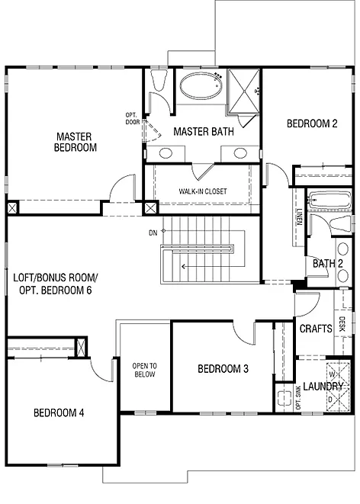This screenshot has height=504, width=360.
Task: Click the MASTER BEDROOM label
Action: [76, 143]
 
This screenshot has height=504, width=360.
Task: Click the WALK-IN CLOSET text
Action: [203, 191]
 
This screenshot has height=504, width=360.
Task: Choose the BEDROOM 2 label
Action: [311, 124]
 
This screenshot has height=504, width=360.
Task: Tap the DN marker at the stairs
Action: [153, 232]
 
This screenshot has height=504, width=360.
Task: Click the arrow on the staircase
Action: [185, 266]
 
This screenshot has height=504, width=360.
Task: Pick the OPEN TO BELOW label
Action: [143, 370]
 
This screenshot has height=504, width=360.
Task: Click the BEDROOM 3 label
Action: [223, 369]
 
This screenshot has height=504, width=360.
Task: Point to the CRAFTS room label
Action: [314, 329]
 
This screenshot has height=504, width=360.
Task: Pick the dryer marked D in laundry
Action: [333, 399]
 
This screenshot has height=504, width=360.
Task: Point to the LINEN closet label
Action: [301, 219]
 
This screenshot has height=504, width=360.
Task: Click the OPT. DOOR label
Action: [131, 118]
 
